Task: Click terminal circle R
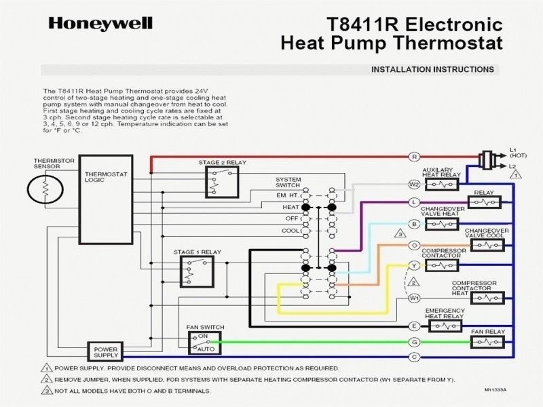(x=415, y=157)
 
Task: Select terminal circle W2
(x=415, y=184)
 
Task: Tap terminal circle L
(x=415, y=202)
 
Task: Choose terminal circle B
(x=415, y=223)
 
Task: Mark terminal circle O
(x=415, y=245)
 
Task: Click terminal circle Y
(x=415, y=265)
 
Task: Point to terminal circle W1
(x=415, y=298)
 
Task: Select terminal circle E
(x=415, y=326)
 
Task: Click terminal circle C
(x=415, y=357)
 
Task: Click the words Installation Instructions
(x=432, y=69)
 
